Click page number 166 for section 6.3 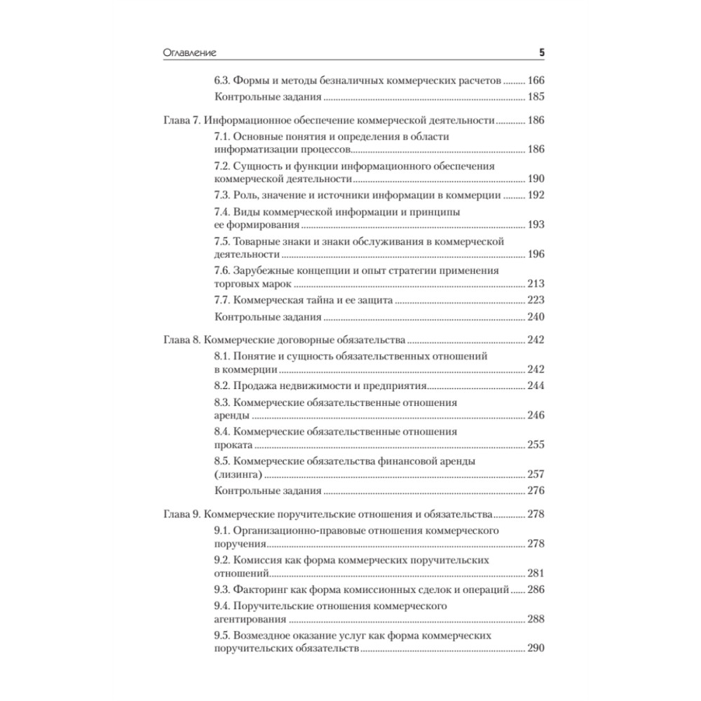click(536, 81)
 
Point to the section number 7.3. click(222, 196)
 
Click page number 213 click(536, 284)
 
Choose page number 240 click(536, 317)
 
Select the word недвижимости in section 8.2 click(329, 386)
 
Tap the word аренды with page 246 click(231, 416)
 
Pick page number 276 click(536, 491)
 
